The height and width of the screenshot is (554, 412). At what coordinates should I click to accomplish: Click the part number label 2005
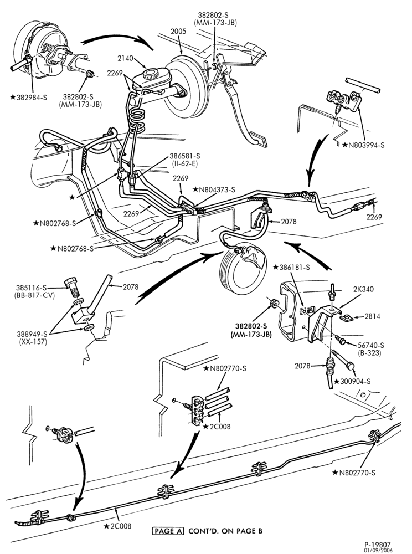(178, 32)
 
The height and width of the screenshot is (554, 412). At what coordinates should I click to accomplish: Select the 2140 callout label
(125, 58)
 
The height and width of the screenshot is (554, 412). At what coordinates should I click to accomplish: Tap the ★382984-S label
(28, 97)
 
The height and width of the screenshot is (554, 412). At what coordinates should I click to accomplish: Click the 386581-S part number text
(184, 156)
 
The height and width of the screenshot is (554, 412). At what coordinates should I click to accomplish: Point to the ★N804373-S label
(214, 189)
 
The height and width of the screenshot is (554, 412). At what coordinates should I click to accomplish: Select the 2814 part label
(372, 316)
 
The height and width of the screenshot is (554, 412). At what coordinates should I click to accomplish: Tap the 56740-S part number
(370, 345)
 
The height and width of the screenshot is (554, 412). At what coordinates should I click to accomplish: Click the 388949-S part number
(32, 334)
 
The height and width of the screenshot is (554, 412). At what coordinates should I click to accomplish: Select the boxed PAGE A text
(168, 531)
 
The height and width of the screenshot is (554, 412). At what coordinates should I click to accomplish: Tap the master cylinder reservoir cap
(152, 74)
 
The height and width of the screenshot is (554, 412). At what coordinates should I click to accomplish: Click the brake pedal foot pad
(258, 139)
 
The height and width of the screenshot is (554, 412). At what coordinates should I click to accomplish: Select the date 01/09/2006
(378, 550)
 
